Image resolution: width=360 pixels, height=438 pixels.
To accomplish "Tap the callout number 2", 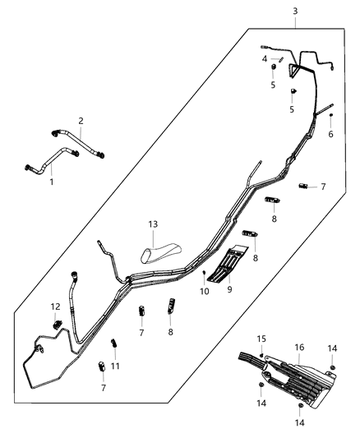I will click(81, 121).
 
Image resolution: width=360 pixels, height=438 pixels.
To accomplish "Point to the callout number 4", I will click(265, 58).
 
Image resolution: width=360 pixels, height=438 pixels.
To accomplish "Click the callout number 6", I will click(331, 134).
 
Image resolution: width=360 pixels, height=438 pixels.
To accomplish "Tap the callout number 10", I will click(204, 291).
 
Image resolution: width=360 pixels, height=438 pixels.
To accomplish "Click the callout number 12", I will click(56, 307).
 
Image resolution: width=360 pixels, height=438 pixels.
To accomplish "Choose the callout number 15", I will click(262, 339).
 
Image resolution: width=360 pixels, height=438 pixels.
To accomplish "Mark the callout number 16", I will click(300, 348).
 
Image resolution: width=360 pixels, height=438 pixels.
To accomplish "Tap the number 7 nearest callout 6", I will click(323, 187).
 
